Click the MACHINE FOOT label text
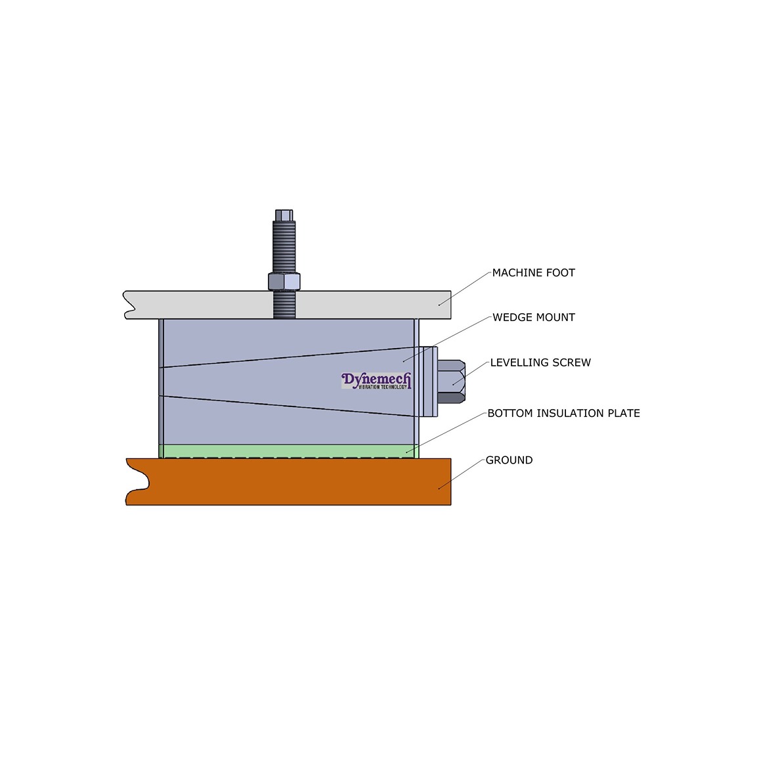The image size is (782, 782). pos(533,272)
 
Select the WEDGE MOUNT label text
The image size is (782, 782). pos(533,317)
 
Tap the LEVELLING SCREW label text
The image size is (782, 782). pos(540,362)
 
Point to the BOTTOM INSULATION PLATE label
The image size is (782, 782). pos(563,413)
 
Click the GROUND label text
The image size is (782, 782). pos(509,460)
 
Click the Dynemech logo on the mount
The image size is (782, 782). pos(376,381)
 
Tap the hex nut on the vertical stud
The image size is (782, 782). pos(284,281)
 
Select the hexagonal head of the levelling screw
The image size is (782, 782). pos(452,381)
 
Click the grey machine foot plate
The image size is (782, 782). pos(197,305)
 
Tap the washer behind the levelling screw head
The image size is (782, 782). pos(435,381)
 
